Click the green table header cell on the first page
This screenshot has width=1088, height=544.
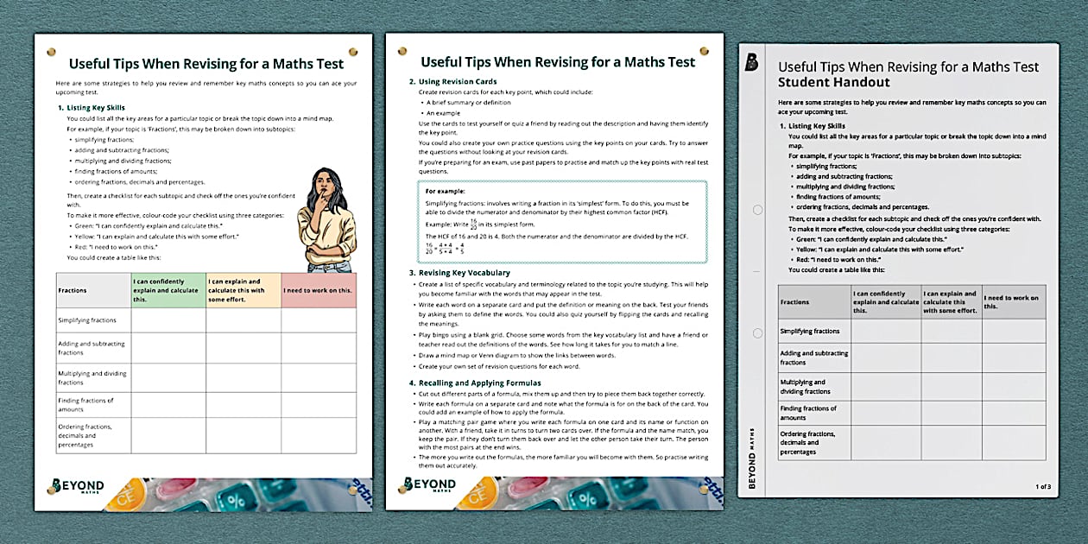(168, 290)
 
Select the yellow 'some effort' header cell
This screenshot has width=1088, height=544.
(243, 290)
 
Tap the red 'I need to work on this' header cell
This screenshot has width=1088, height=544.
(318, 290)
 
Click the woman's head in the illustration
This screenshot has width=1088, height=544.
(321, 183)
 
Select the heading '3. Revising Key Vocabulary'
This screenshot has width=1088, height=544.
(460, 273)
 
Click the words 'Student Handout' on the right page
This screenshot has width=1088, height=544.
(822, 83)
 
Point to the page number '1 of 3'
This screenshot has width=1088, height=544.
(1043, 487)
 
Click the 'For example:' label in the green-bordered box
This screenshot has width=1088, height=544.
(445, 191)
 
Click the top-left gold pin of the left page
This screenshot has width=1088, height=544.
(51, 52)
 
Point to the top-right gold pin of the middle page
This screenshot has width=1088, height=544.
(704, 52)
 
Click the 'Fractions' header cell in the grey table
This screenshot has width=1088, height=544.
(795, 302)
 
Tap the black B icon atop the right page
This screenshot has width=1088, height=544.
(752, 61)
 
